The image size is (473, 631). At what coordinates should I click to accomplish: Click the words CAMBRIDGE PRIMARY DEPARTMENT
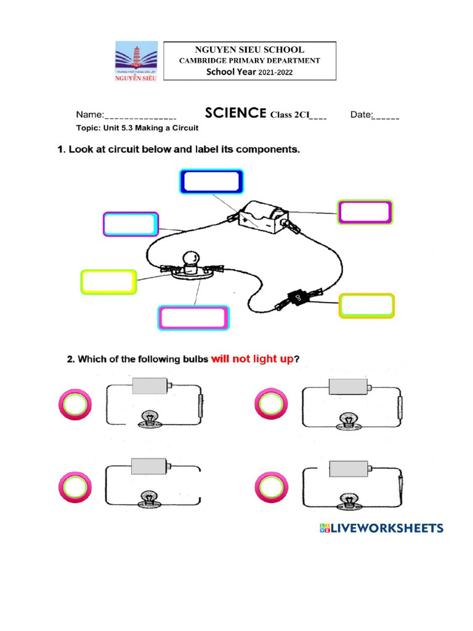point(249,60)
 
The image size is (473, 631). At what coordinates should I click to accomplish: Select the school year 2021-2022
point(249,72)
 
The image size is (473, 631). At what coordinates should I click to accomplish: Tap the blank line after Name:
point(141,115)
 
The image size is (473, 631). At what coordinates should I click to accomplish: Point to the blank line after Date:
point(386,115)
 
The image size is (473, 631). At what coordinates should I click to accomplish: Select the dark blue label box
point(211,182)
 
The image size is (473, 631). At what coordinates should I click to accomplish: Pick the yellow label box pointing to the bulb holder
point(108,282)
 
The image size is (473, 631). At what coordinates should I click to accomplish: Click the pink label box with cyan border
point(193,318)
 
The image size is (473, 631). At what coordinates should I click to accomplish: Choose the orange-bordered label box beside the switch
point(366,306)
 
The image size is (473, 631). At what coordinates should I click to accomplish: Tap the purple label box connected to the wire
point(131,224)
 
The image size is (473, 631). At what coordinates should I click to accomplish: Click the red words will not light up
point(252,359)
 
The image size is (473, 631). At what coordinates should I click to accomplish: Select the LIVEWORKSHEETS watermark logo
point(381,528)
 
